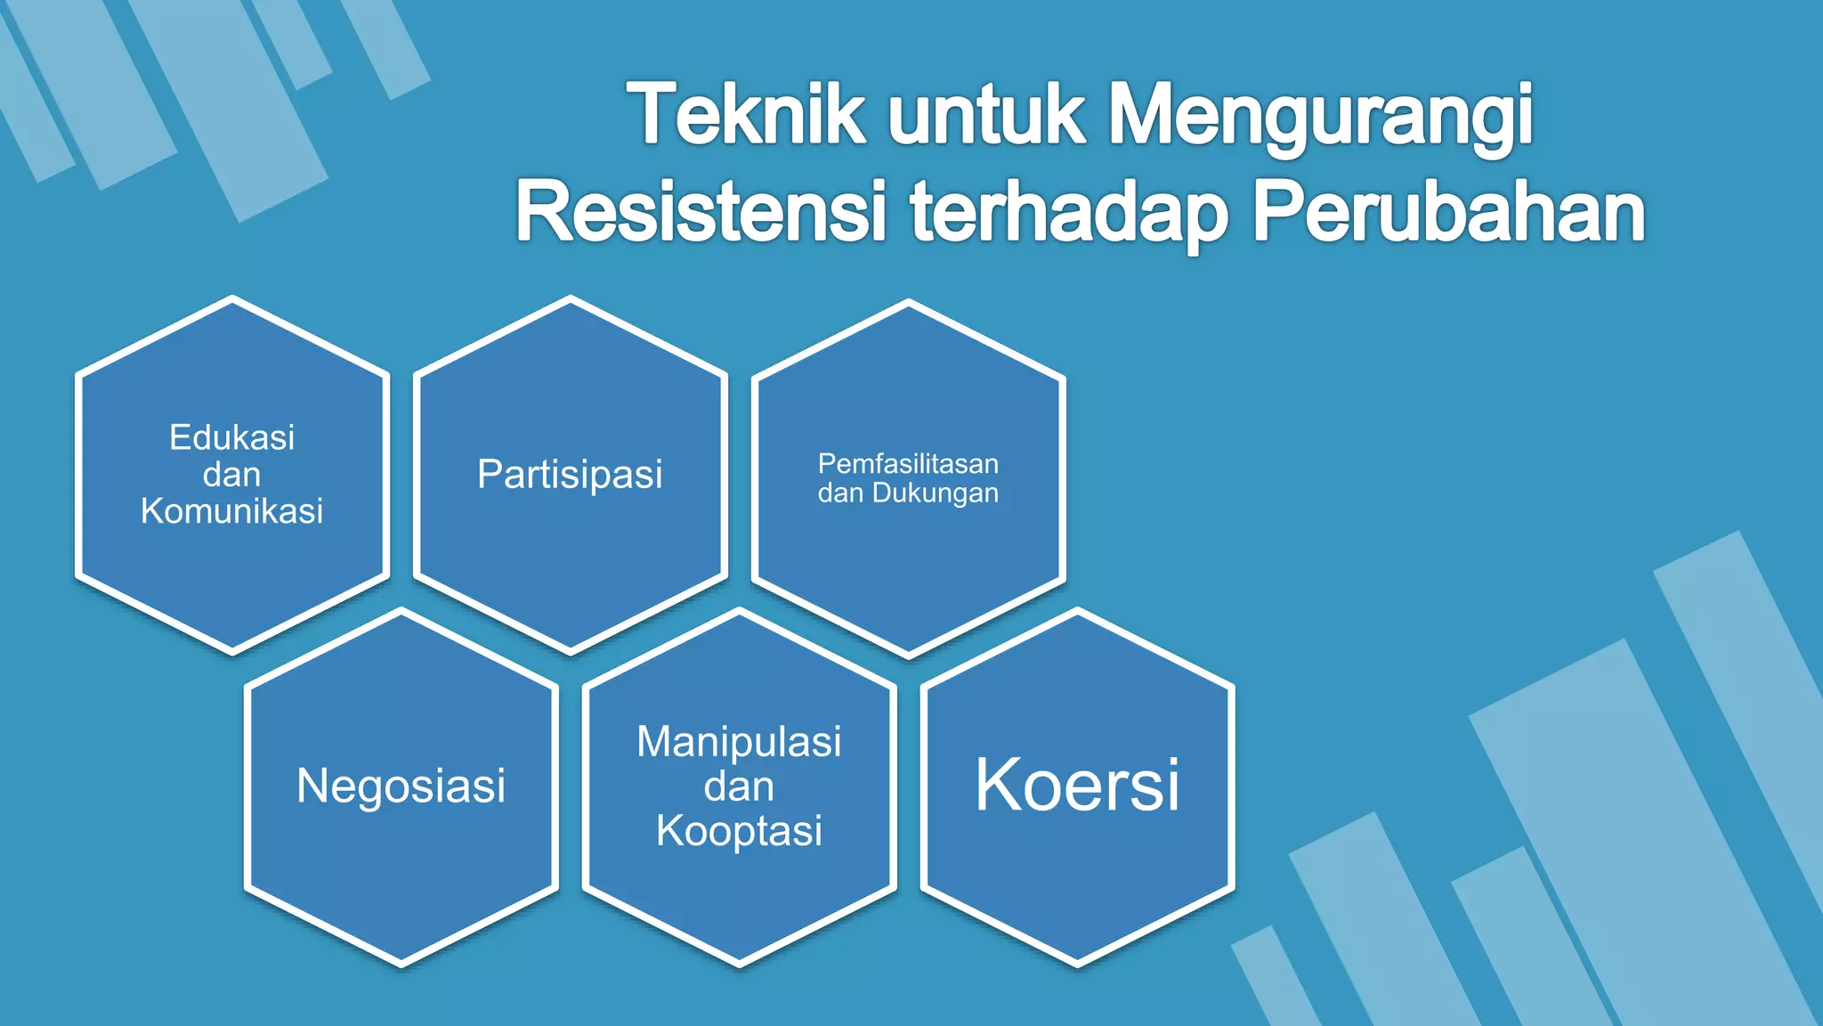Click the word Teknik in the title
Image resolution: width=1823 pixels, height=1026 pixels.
point(746,114)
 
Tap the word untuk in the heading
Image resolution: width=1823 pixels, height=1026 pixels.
point(986,114)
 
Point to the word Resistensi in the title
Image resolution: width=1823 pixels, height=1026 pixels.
point(701,212)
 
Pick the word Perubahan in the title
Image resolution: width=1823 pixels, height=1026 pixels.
point(1449,212)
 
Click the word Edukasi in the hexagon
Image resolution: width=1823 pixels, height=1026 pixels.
point(231,437)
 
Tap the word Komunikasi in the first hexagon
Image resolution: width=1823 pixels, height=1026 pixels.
point(231,511)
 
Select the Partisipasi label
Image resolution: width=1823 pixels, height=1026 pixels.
point(570,475)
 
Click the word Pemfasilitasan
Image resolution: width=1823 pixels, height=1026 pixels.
point(908,463)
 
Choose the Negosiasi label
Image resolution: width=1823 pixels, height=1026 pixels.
point(401,786)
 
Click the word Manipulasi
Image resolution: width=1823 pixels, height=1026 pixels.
point(739,741)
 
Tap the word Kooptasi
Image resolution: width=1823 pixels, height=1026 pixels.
point(739,831)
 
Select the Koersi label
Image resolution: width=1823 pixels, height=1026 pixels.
point(1077,785)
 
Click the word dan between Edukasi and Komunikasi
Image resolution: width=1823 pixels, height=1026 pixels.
point(231,475)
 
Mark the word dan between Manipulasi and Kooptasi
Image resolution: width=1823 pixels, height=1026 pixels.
point(739,786)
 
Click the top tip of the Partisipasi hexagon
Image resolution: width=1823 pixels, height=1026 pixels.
point(570,299)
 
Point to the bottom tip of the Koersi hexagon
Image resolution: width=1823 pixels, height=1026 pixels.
point(1077,964)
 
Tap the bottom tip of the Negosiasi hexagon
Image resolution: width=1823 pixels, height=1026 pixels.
point(401,964)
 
